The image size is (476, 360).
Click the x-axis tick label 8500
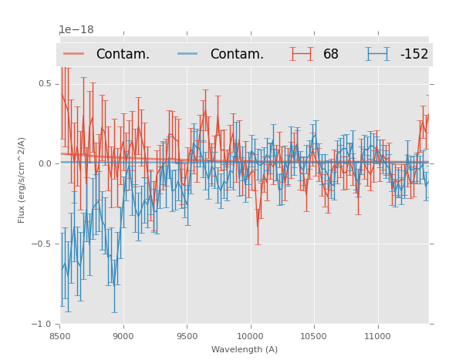pos(60,335)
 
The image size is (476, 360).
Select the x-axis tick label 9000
pos(123,335)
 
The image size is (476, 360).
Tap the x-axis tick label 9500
pos(187,335)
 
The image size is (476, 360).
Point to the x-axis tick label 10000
pos(250,335)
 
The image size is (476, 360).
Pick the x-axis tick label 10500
pos(313,335)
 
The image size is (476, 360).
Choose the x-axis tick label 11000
pos(376,335)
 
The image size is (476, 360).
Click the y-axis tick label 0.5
pos(45,83)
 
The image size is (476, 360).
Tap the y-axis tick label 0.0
pos(45,163)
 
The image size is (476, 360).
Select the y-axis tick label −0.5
pos(42,244)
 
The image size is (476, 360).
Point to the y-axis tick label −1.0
pos(42,324)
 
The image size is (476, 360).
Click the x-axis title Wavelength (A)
pos(245,349)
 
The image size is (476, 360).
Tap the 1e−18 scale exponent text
pos(76,30)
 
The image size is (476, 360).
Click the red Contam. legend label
pos(123,54)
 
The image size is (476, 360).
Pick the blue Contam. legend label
pos(237,54)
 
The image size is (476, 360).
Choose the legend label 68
pos(331,54)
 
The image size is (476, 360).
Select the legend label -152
pos(414,54)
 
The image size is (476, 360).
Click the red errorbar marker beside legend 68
pos(302,54)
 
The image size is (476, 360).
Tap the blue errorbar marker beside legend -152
pos(377,54)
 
